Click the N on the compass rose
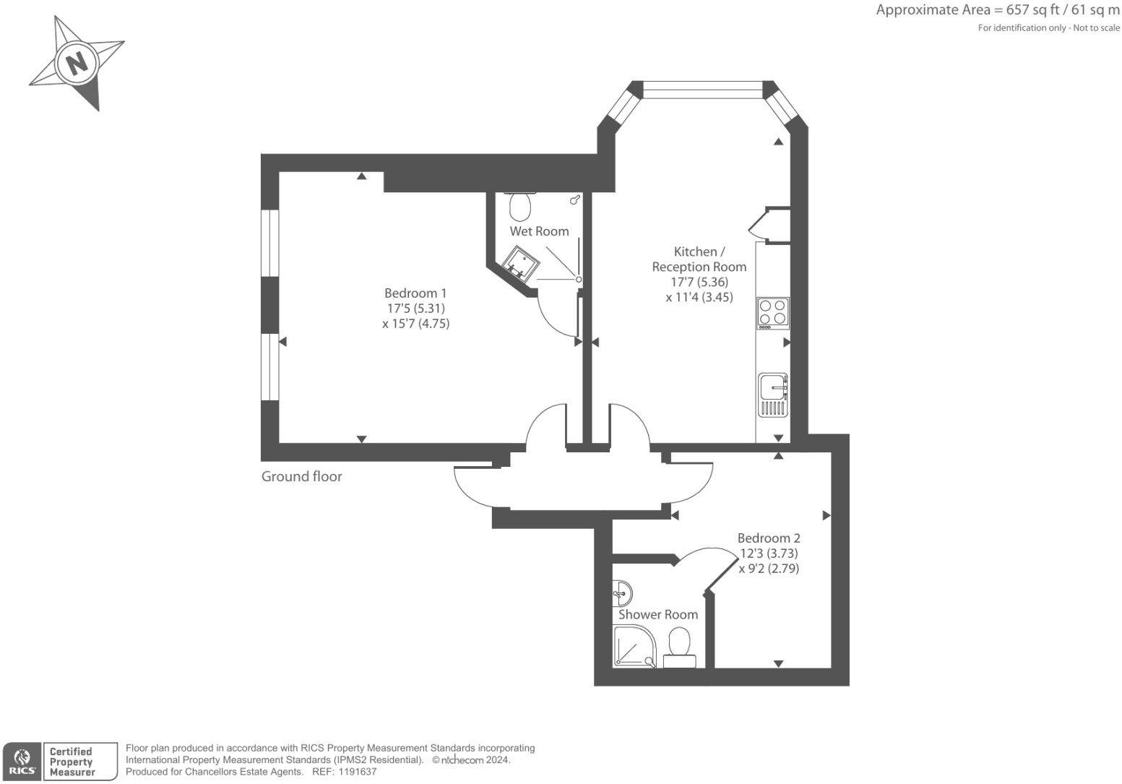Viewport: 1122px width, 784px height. coord(76,64)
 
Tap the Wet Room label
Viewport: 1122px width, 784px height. coord(539,231)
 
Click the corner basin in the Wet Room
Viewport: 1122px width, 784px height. coord(520,263)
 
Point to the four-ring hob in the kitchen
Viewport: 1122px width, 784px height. coord(772,314)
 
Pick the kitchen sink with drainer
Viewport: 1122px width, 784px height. coord(773,395)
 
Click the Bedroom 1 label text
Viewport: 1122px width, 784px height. coord(415,293)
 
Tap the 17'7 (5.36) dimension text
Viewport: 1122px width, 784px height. coord(699,282)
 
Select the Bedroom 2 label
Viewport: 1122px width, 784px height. coord(769,538)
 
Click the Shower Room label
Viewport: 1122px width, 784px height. coord(657,615)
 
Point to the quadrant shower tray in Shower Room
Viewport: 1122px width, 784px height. coord(634,647)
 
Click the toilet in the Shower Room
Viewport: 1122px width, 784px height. coord(679,647)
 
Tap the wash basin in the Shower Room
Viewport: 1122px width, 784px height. coord(621,594)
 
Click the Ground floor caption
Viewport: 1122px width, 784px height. coord(301,476)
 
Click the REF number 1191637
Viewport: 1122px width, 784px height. coord(357,772)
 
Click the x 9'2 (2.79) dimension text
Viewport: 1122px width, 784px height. coord(769,569)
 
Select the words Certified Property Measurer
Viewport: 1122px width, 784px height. coord(72,762)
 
